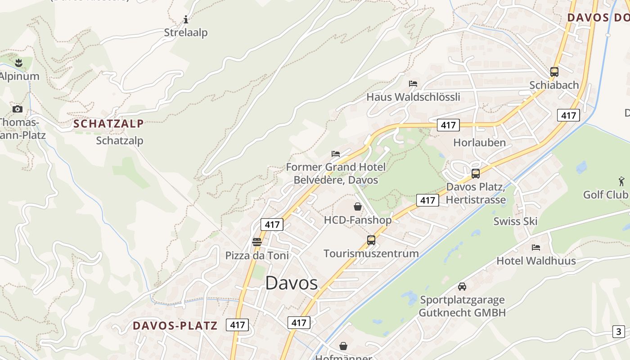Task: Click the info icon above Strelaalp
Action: click(186, 19)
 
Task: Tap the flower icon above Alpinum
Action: click(18, 63)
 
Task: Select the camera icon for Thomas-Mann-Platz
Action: click(18, 109)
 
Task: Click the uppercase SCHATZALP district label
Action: click(108, 124)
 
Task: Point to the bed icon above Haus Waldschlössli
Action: click(413, 84)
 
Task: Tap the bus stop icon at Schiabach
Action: click(554, 72)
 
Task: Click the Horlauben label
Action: click(479, 143)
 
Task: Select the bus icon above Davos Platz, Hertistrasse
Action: click(476, 173)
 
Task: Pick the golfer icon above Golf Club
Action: click(621, 181)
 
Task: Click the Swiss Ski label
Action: click(515, 221)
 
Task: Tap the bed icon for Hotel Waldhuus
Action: click(535, 247)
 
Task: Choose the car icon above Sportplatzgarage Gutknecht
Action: click(462, 286)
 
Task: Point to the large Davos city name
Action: click(291, 283)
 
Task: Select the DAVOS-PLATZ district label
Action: click(175, 326)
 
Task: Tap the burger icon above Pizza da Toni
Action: click(257, 242)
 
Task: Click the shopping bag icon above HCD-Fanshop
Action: click(358, 207)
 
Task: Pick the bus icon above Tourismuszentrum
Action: click(371, 240)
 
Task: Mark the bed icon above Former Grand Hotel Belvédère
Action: click(336, 153)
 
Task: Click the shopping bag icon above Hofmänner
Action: click(343, 346)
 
